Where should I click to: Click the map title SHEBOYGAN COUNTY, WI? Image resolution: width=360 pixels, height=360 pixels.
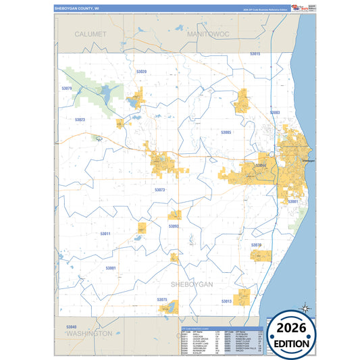(76, 9)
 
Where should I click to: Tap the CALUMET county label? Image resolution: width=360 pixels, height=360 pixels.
(91, 33)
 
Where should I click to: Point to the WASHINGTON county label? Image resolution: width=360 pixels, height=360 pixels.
(90, 334)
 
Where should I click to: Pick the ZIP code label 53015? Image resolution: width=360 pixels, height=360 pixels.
(255, 53)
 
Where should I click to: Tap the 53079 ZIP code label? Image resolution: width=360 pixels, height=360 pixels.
(67, 88)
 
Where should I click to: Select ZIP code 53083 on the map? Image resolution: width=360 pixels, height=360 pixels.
(274, 112)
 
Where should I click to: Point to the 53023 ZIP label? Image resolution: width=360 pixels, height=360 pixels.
(80, 120)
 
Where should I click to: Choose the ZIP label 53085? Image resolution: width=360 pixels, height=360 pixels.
(226, 132)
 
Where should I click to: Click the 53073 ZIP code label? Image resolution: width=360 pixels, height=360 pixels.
(159, 190)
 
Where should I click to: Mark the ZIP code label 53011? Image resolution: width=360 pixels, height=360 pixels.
(105, 233)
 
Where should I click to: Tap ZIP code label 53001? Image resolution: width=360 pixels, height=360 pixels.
(110, 268)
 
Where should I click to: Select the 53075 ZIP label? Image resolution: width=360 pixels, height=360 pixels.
(161, 299)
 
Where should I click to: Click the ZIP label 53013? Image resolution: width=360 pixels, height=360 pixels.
(226, 301)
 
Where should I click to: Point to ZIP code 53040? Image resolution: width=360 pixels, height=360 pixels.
(72, 327)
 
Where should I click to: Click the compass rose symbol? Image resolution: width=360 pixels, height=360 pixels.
(305, 309)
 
